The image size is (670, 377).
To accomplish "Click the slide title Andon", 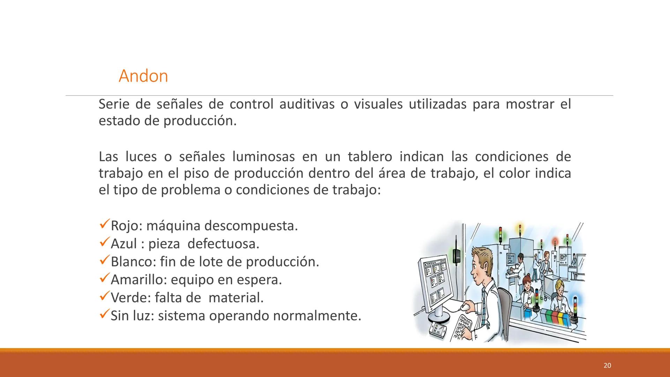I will tap(143, 76).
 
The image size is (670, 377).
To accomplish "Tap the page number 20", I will tap(607, 365).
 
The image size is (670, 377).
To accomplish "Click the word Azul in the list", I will tap(124, 244).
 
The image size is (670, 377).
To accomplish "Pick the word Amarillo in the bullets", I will tap(139, 280).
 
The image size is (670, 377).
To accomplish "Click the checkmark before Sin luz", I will tap(104, 315).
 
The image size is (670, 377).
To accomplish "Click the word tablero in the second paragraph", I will tap(370, 157).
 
